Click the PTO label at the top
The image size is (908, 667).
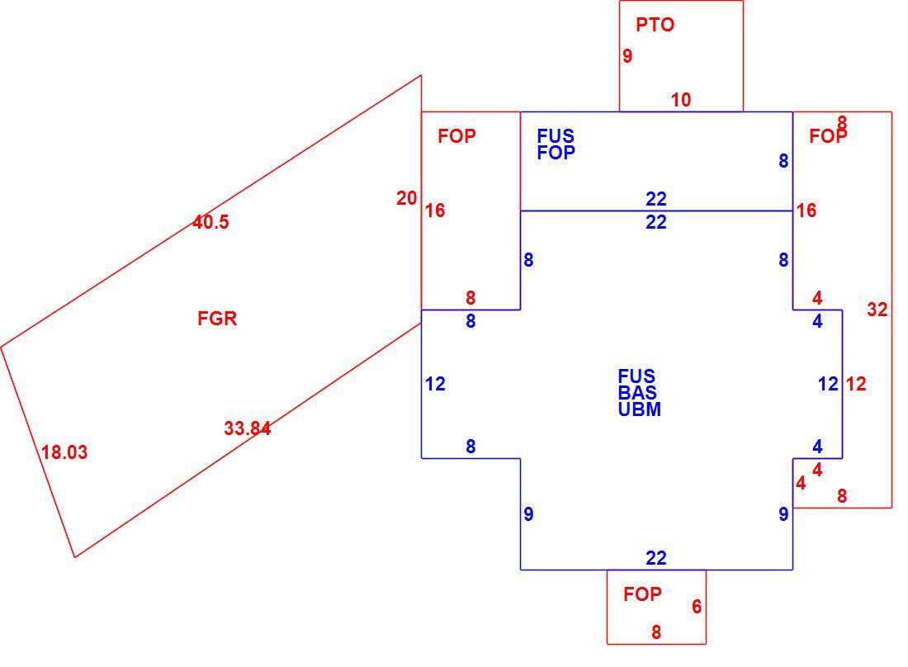coord(655,24)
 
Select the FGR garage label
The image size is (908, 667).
coord(217,318)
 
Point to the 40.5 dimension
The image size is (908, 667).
coord(210,222)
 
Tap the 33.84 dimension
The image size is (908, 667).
coord(248,428)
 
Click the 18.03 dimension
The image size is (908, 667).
coord(64,452)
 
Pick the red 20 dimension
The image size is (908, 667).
coord(406,198)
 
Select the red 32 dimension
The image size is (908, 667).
coord(877,310)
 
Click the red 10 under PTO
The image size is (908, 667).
coord(681,100)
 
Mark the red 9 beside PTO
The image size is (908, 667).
coord(627,55)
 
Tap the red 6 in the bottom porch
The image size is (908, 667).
coord(697,606)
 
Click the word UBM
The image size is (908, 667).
coord(639,409)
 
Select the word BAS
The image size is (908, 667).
coord(637,393)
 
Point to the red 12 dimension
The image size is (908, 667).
coord(856,383)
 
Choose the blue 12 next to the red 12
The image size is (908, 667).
coord(828,383)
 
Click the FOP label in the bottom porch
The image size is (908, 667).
coord(642,594)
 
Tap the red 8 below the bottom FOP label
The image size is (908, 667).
coord(656,632)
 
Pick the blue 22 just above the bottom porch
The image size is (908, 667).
coord(656,557)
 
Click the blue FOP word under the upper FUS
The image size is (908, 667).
coord(556,152)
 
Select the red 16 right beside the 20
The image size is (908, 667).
coord(435,211)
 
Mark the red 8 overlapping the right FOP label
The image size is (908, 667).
coord(842,123)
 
